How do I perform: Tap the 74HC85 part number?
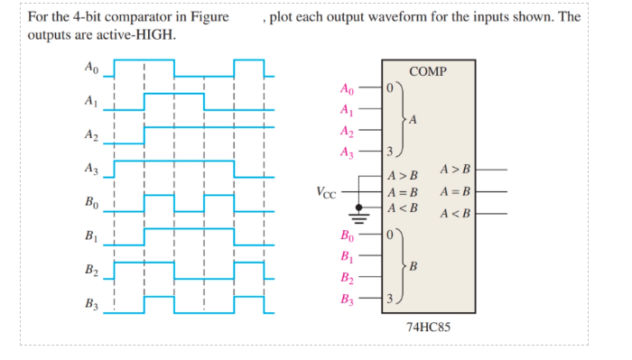click(428, 327)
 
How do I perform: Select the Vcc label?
click(328, 192)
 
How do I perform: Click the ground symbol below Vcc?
click(359, 215)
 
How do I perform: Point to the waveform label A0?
click(90, 69)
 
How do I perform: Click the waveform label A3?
click(90, 169)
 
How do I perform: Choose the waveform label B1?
click(90, 237)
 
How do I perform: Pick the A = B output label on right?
click(454, 191)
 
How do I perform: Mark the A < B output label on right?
click(454, 213)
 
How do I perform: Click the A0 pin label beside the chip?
click(348, 89)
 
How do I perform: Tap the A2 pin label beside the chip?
click(348, 132)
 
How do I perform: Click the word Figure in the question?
click(209, 17)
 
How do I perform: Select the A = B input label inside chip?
click(403, 192)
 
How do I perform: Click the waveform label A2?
click(90, 135)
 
